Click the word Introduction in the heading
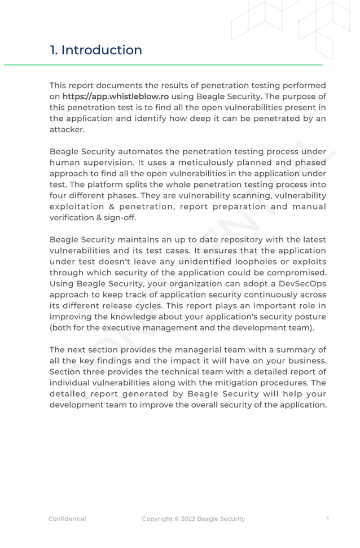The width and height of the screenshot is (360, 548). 102,50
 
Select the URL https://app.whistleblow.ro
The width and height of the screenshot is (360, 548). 115,97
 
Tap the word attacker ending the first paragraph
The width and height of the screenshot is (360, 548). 67,129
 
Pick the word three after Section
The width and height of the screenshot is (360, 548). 98,372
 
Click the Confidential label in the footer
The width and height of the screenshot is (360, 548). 67,519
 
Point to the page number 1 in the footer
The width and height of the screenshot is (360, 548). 328,519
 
